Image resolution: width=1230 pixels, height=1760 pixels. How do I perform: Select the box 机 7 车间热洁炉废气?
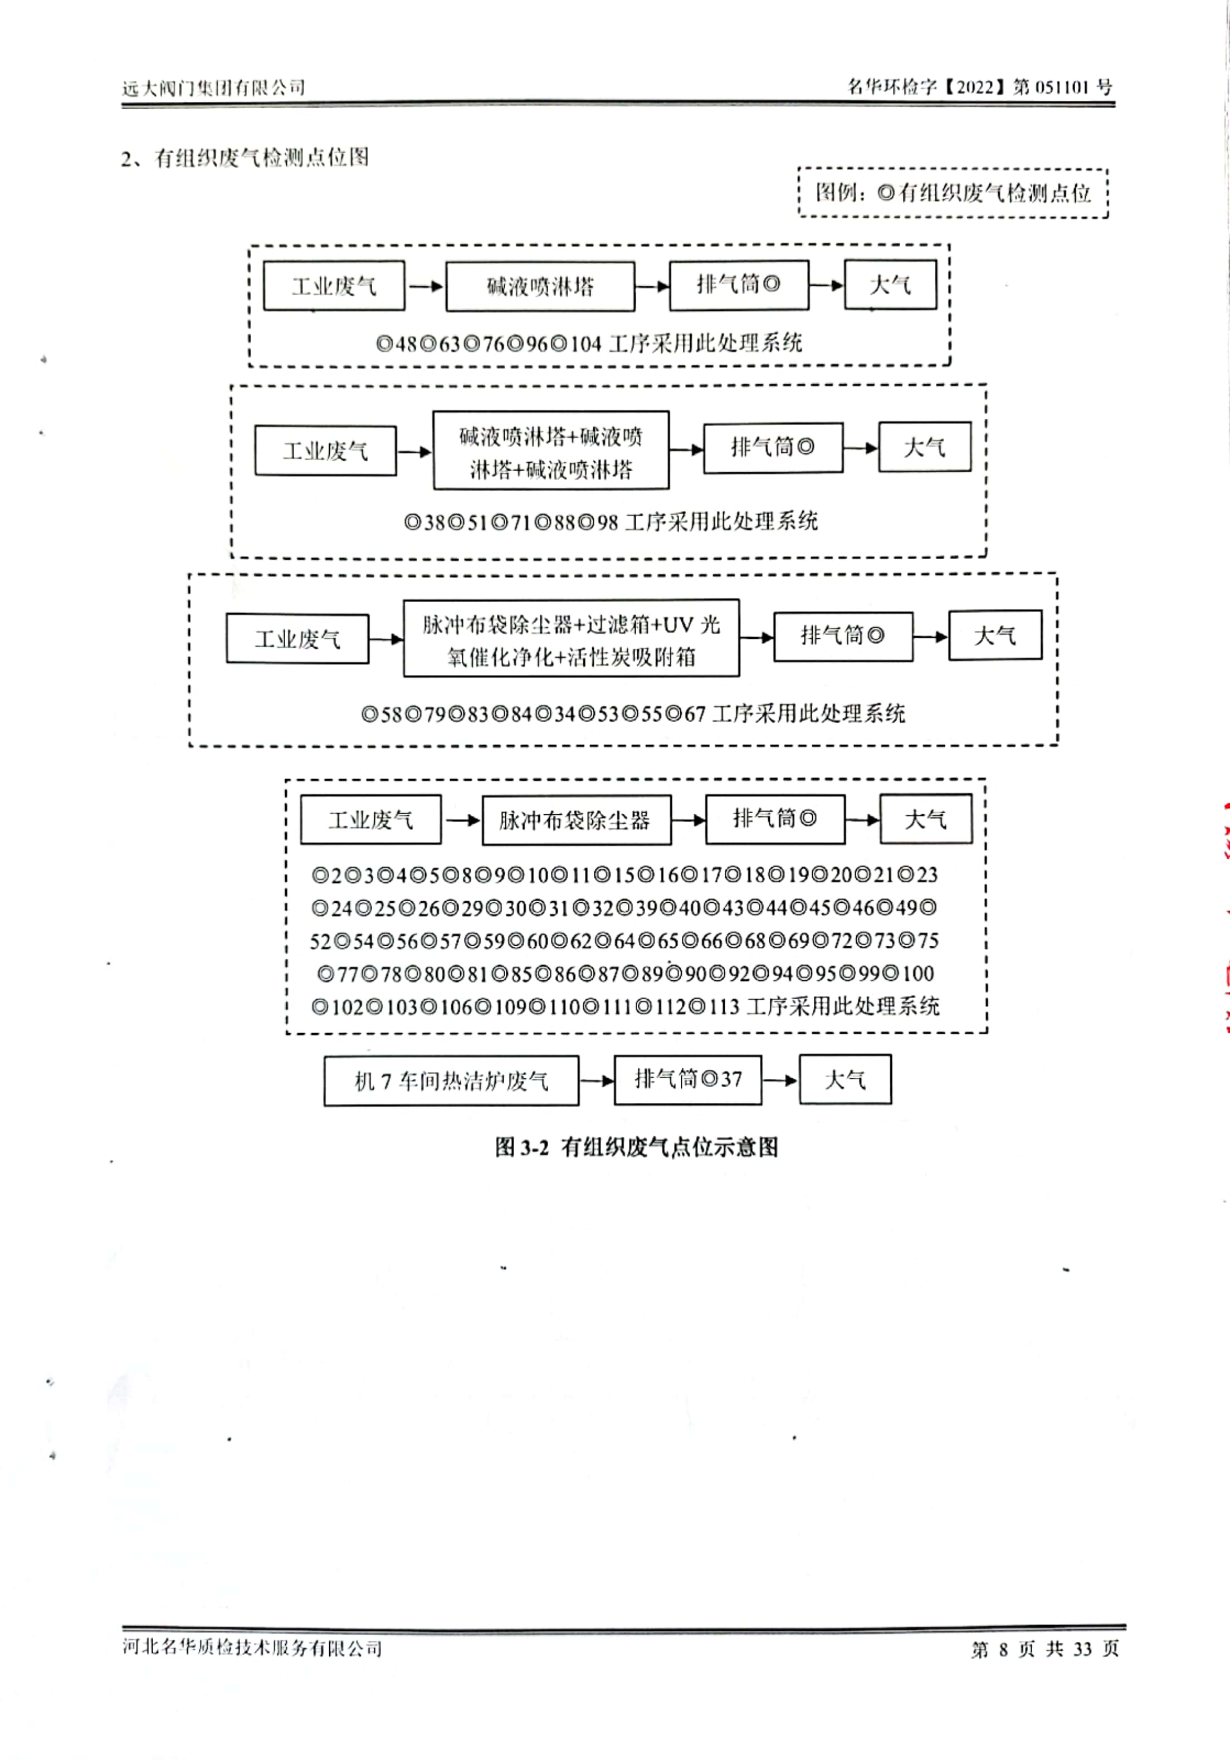(x=451, y=1081)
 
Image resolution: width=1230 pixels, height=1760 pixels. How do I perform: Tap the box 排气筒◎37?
(x=688, y=1079)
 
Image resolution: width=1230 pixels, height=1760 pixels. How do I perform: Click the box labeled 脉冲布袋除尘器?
(x=577, y=820)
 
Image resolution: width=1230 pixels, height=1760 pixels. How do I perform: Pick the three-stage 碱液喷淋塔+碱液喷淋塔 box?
(x=550, y=451)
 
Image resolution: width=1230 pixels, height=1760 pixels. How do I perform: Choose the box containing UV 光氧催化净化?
(x=572, y=638)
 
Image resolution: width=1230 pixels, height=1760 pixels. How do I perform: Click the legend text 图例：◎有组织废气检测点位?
(x=953, y=192)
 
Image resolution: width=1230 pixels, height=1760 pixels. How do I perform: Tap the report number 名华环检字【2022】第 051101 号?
(x=979, y=87)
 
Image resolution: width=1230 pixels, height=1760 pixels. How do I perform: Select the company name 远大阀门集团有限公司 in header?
(x=214, y=87)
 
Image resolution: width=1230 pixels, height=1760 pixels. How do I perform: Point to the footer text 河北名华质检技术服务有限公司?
(x=252, y=1648)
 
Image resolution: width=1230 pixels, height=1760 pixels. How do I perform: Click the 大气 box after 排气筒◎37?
(x=845, y=1079)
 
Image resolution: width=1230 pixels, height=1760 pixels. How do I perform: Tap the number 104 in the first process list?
(x=586, y=344)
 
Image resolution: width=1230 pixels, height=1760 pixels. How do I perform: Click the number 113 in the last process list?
(x=723, y=1006)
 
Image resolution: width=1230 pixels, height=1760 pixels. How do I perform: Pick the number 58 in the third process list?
(x=391, y=715)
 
